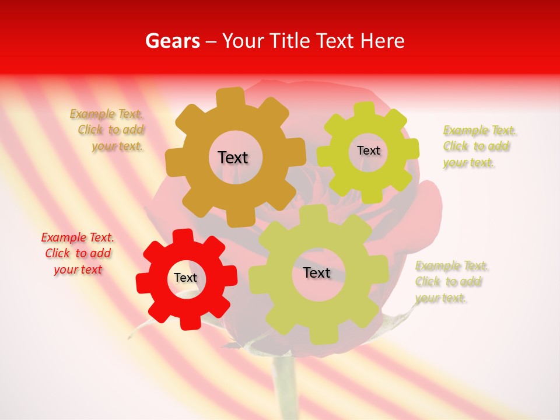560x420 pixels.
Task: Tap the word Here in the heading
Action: point(382,41)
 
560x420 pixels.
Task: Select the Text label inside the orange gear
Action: point(233,157)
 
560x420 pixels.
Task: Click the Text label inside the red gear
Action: point(185,278)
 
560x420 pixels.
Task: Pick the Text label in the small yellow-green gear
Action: point(368,150)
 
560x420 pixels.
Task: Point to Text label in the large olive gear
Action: point(317,273)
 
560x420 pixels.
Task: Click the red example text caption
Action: point(78,253)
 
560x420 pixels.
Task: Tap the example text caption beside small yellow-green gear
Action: point(480,146)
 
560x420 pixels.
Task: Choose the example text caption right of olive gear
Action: point(452,282)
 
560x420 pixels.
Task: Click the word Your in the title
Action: point(244,41)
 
